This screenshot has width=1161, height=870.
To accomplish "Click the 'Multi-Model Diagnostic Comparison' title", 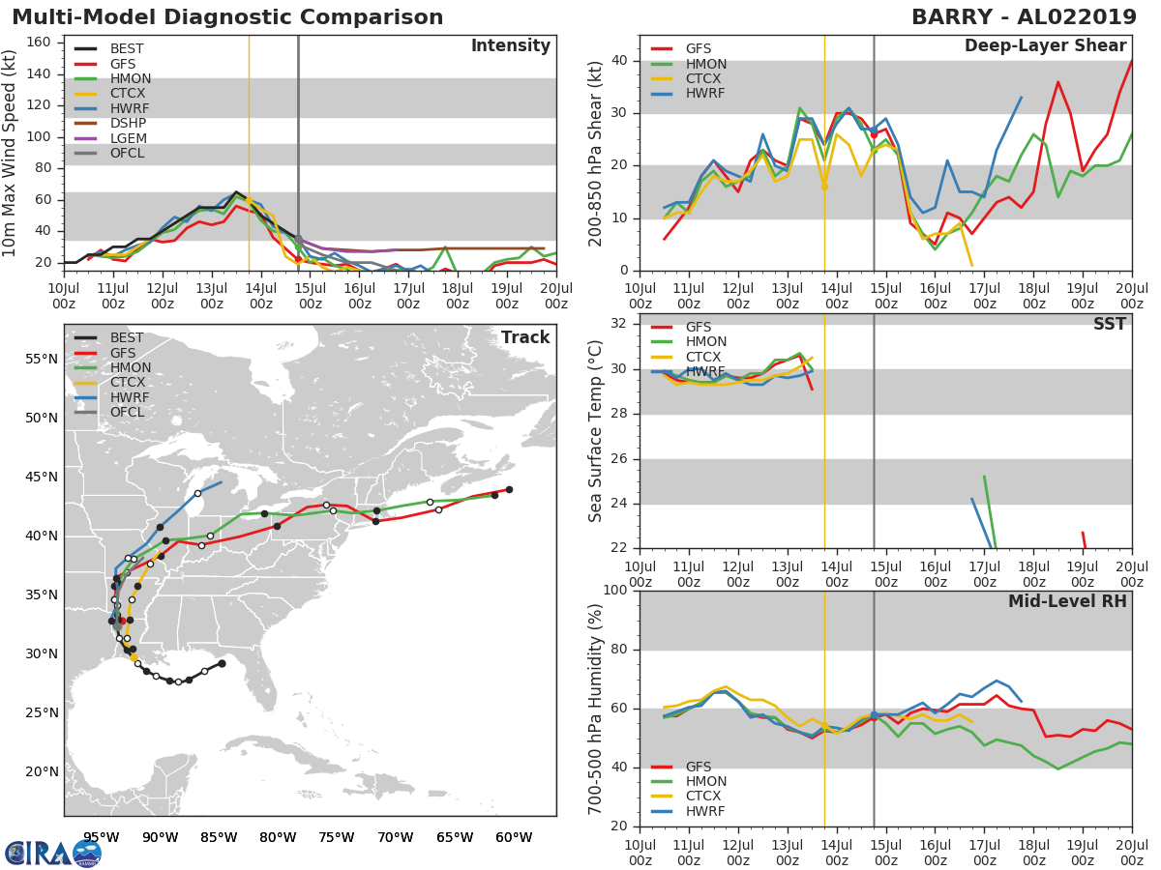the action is (227, 17).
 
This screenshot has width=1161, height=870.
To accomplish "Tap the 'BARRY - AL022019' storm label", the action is (1024, 17).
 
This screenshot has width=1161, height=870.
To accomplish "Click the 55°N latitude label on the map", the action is (42, 360).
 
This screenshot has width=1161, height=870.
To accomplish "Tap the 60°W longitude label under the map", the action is (515, 837).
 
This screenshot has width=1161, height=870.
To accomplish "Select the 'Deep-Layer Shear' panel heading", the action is (1045, 46).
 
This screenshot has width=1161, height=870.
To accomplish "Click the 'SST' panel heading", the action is (1109, 324).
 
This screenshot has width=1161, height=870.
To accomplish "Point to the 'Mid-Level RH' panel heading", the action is (1067, 601).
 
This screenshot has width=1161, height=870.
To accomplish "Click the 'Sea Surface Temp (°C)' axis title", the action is (595, 431).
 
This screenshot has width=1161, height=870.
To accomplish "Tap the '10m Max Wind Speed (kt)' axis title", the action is (9, 154).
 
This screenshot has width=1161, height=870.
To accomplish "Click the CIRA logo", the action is (52, 853).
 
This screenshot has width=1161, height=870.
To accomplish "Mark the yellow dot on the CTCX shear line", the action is (824, 187).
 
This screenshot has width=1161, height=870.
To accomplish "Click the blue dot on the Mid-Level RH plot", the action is (874, 715).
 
